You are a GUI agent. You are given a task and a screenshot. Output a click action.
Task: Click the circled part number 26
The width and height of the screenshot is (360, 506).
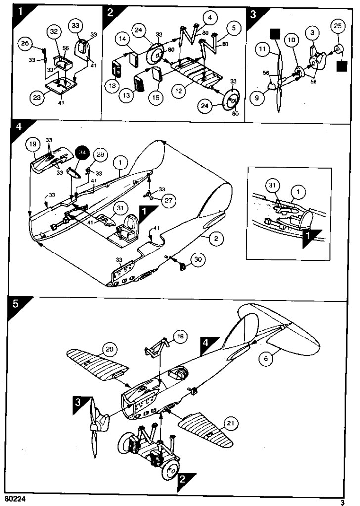(23, 44)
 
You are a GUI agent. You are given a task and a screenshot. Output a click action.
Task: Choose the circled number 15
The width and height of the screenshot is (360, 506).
(156, 97)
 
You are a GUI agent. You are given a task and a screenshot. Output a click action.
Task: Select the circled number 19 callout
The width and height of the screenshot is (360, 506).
(33, 145)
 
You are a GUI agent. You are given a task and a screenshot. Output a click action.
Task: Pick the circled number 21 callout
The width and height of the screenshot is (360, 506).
(231, 423)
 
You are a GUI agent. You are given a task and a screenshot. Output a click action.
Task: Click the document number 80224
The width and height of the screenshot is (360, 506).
(15, 499)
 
